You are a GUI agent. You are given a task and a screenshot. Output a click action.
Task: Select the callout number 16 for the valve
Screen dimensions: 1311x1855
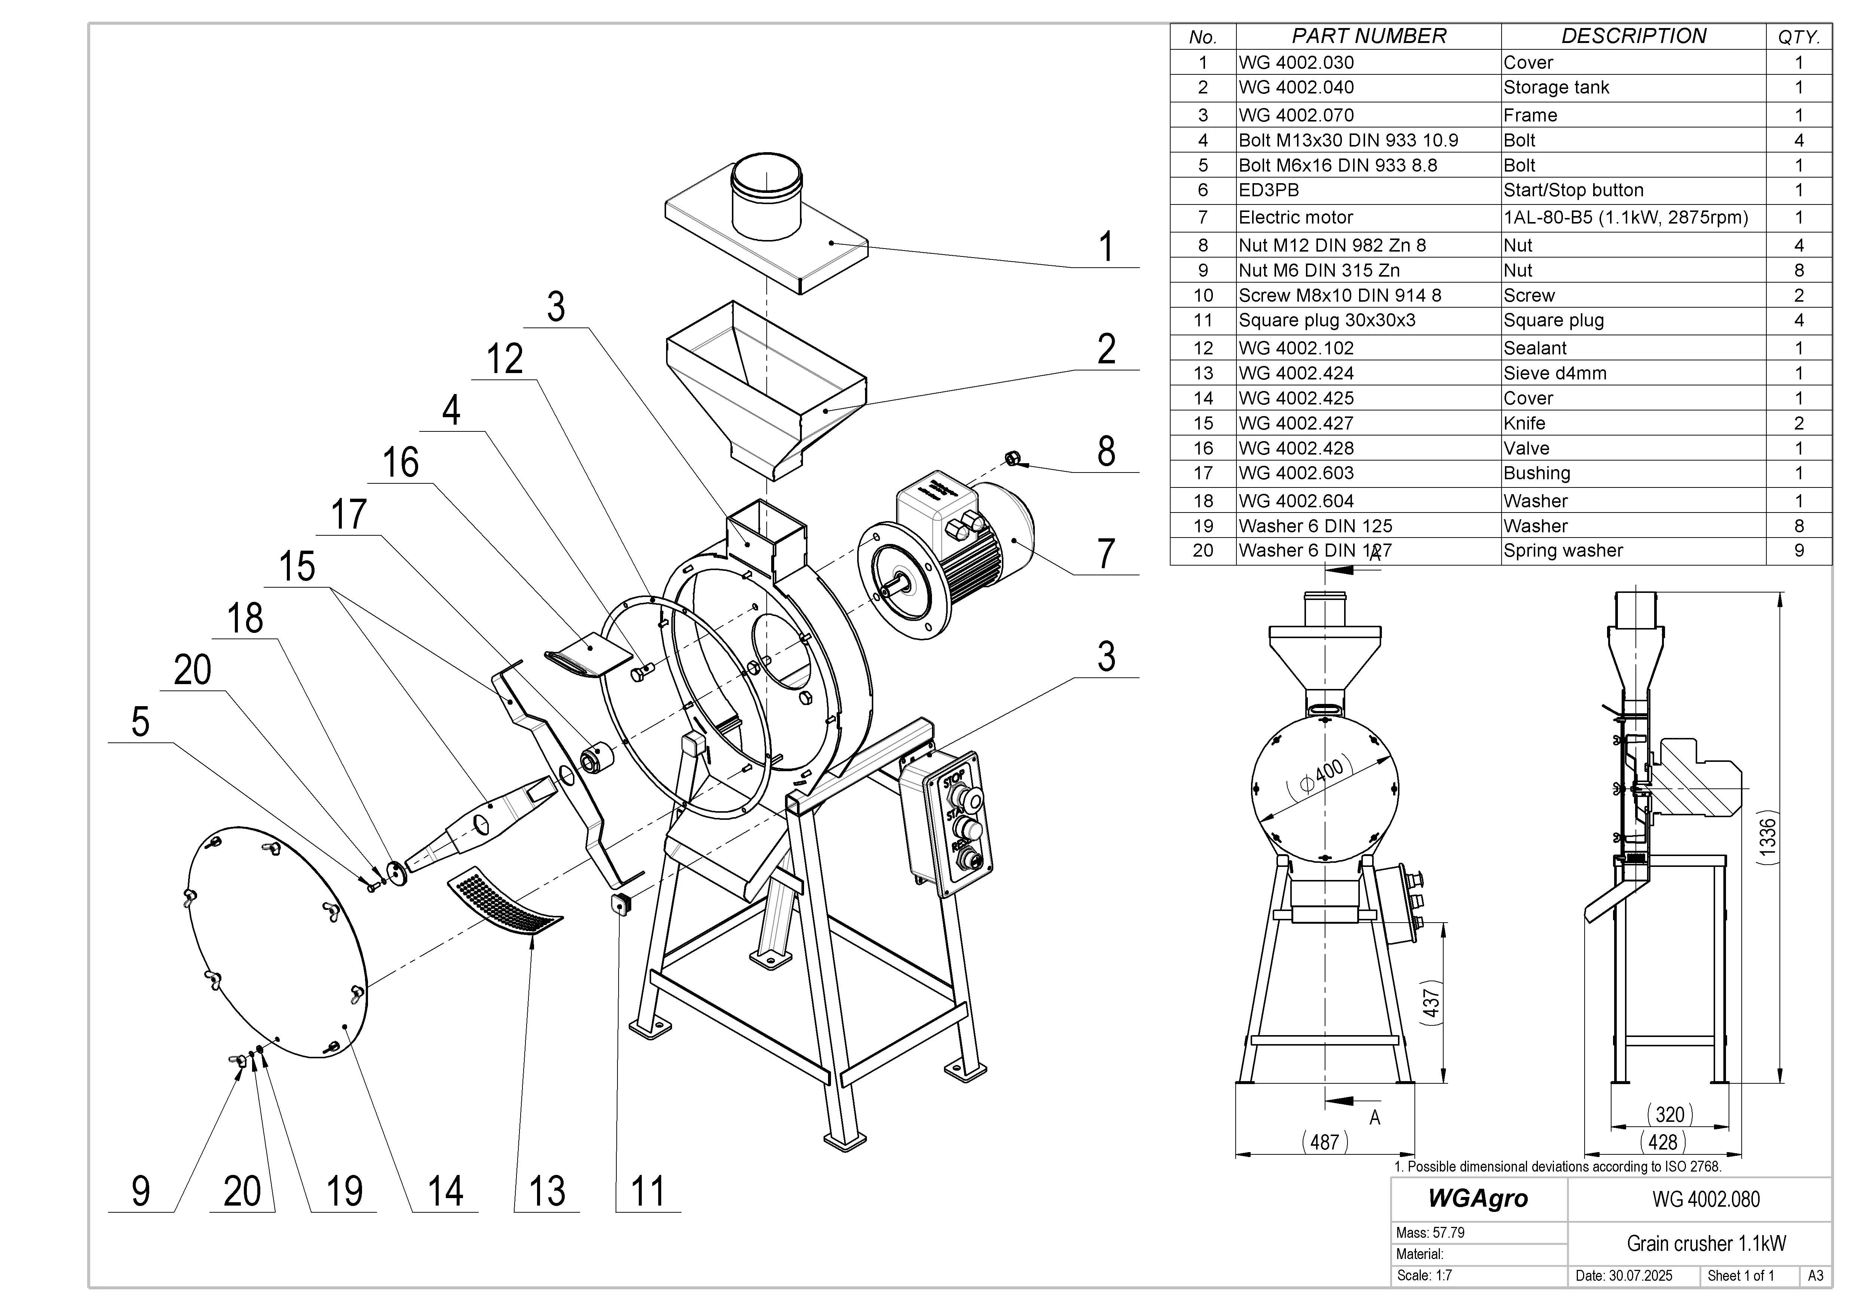(400, 463)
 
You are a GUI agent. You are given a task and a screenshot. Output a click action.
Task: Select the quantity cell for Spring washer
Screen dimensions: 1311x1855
(1799, 551)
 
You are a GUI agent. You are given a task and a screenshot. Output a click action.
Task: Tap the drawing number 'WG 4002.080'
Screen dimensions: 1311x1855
(1705, 1199)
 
